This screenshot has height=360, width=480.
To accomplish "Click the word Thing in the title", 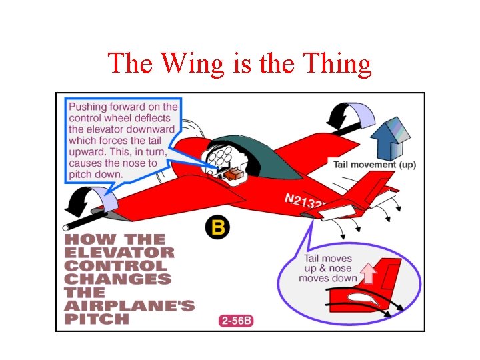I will click(x=336, y=64).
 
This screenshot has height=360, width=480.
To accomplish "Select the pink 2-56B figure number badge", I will click(x=236, y=321).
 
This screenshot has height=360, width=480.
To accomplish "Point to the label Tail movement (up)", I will click(x=375, y=164).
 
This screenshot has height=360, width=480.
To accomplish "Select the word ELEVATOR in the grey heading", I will click(x=119, y=253).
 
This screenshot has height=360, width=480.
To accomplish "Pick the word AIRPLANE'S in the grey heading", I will click(x=129, y=306).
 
